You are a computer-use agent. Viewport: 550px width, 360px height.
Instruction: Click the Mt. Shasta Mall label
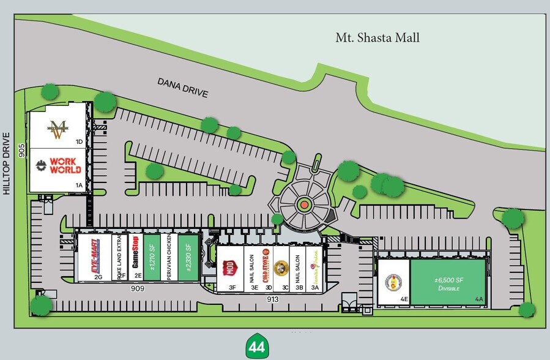tap(377, 38)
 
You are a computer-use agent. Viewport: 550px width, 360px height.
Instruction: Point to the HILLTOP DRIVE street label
tap(7, 163)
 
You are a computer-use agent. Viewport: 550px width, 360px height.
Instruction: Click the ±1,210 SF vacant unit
tap(152, 258)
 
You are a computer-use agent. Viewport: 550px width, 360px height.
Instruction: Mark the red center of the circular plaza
tap(303, 204)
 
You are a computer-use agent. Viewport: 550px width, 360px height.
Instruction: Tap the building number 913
tap(273, 299)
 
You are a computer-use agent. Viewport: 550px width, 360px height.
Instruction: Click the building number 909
tap(136, 288)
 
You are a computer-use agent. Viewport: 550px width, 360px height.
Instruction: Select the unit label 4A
tap(479, 299)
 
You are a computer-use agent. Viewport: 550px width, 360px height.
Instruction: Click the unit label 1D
tap(79, 141)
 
